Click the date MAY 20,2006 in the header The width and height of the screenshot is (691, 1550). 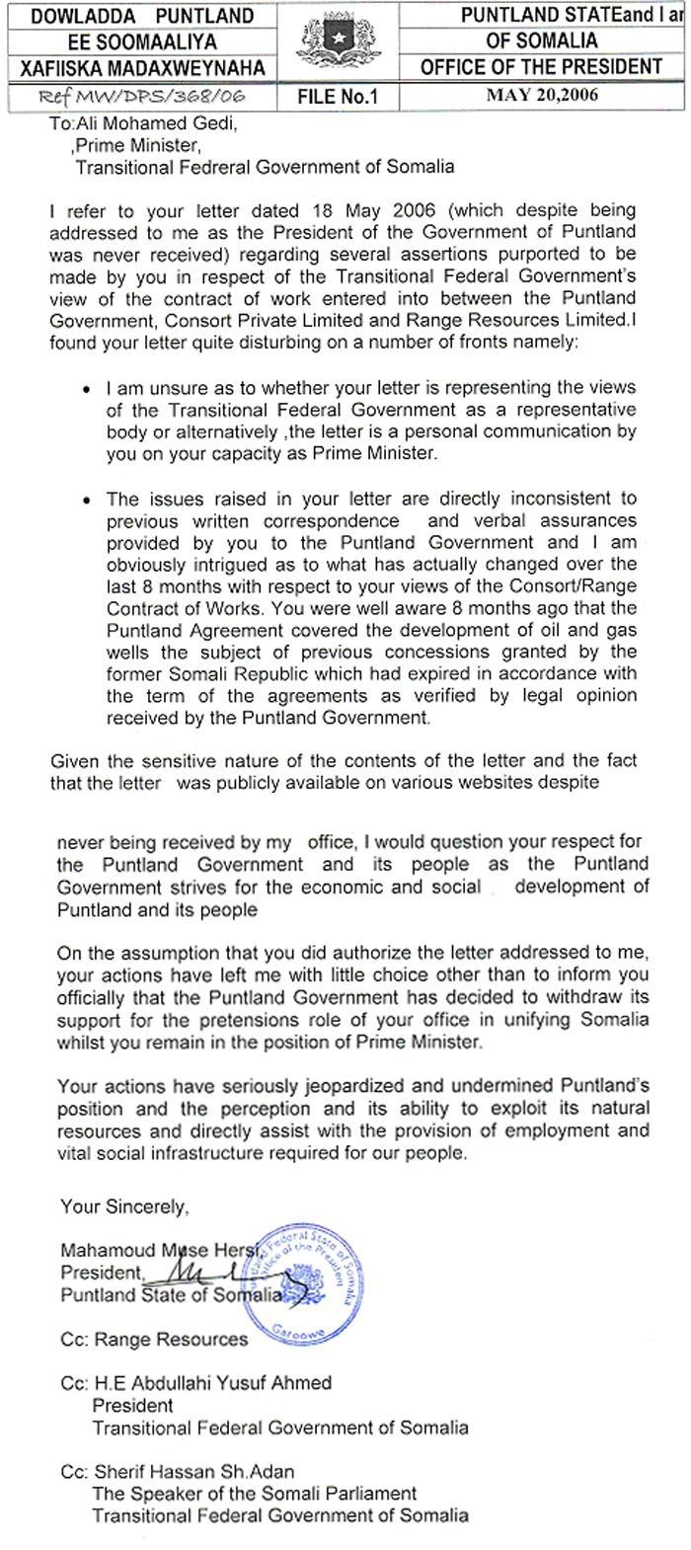point(542,96)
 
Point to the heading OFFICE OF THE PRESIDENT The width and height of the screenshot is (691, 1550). point(541,67)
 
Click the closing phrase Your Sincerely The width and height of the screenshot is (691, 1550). point(123,1205)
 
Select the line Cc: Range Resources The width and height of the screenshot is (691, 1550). point(154,1339)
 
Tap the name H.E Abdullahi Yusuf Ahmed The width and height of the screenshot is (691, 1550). point(211,1382)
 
